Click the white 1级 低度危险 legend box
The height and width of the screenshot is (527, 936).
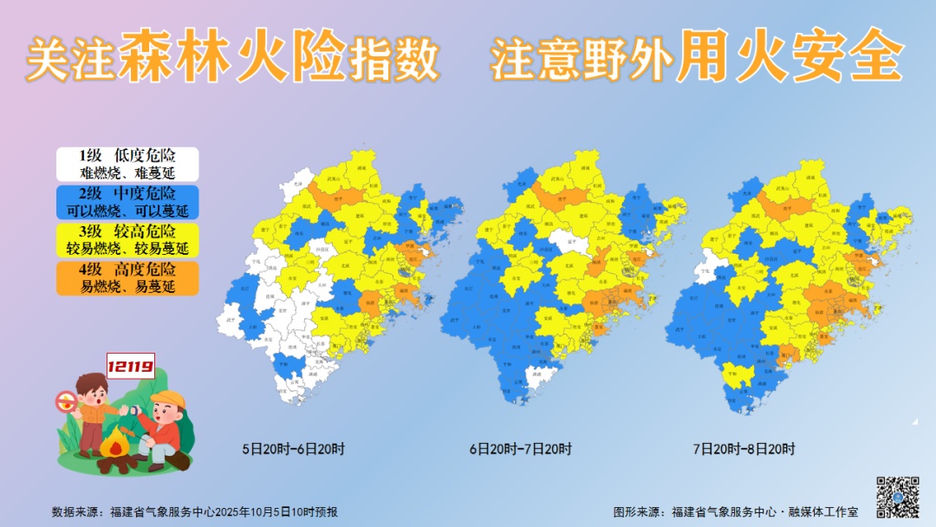tap(127, 164)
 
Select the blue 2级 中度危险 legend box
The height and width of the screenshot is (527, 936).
tap(127, 202)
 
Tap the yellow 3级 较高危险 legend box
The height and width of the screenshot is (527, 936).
tap(127, 240)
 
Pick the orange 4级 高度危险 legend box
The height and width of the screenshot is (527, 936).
tap(127, 278)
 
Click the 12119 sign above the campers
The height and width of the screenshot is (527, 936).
tap(130, 367)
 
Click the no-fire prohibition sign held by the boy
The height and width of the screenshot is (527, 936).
tap(65, 401)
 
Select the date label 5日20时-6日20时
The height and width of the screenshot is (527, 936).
tap(294, 449)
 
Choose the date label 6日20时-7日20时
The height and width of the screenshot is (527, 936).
tap(521, 449)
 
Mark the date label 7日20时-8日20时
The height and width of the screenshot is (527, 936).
tap(744, 449)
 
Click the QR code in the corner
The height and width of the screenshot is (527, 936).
tap(897, 497)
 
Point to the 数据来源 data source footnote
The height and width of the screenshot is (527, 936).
tap(195, 511)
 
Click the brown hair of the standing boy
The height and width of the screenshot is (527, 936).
tap(89, 383)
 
